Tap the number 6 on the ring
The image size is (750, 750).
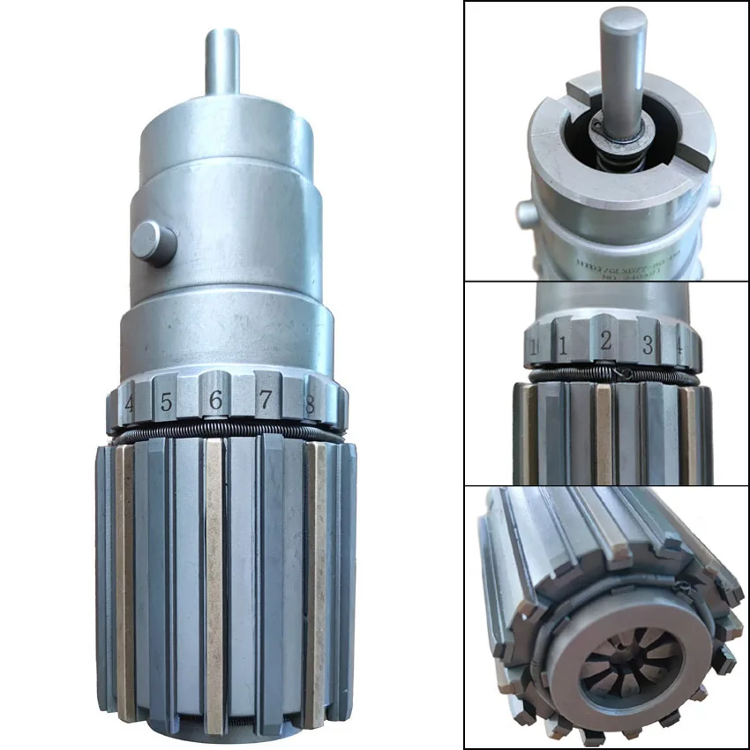click(214, 401)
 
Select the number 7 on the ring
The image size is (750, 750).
click(265, 400)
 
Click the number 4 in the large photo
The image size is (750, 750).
click(129, 406)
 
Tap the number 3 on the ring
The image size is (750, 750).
click(647, 345)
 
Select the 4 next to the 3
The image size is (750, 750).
click(679, 347)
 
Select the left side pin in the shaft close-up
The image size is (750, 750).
click(526, 211)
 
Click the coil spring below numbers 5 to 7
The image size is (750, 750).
click(221, 432)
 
